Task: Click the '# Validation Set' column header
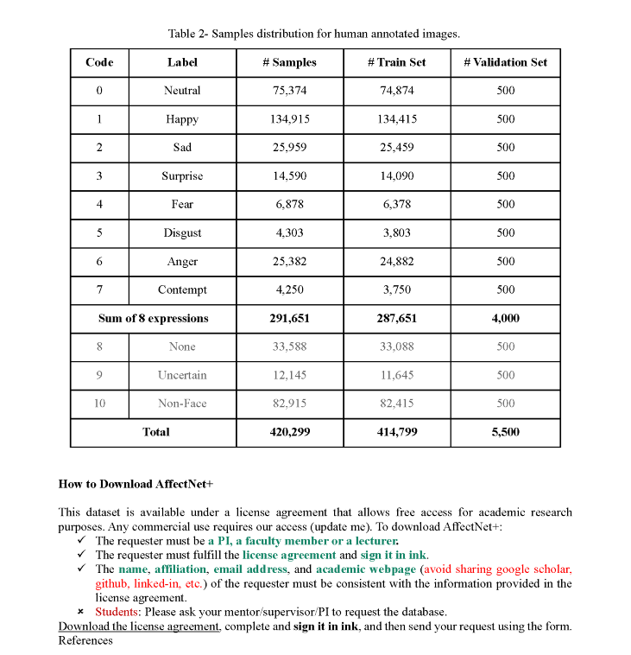click(505, 62)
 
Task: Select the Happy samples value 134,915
click(289, 119)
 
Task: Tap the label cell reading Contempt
click(182, 289)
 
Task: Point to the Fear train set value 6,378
click(396, 204)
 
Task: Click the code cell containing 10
click(99, 404)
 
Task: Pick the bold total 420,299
click(289, 432)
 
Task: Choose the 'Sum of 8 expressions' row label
click(153, 318)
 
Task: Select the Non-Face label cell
click(182, 404)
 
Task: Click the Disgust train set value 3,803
click(396, 232)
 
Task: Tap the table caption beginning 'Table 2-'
click(314, 34)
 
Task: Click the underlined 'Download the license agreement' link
click(139, 626)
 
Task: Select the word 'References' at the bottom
click(85, 640)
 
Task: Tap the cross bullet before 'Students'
click(81, 612)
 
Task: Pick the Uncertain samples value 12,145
click(289, 375)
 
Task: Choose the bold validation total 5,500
click(505, 432)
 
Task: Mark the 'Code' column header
click(99, 62)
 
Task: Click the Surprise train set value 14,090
click(396, 175)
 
